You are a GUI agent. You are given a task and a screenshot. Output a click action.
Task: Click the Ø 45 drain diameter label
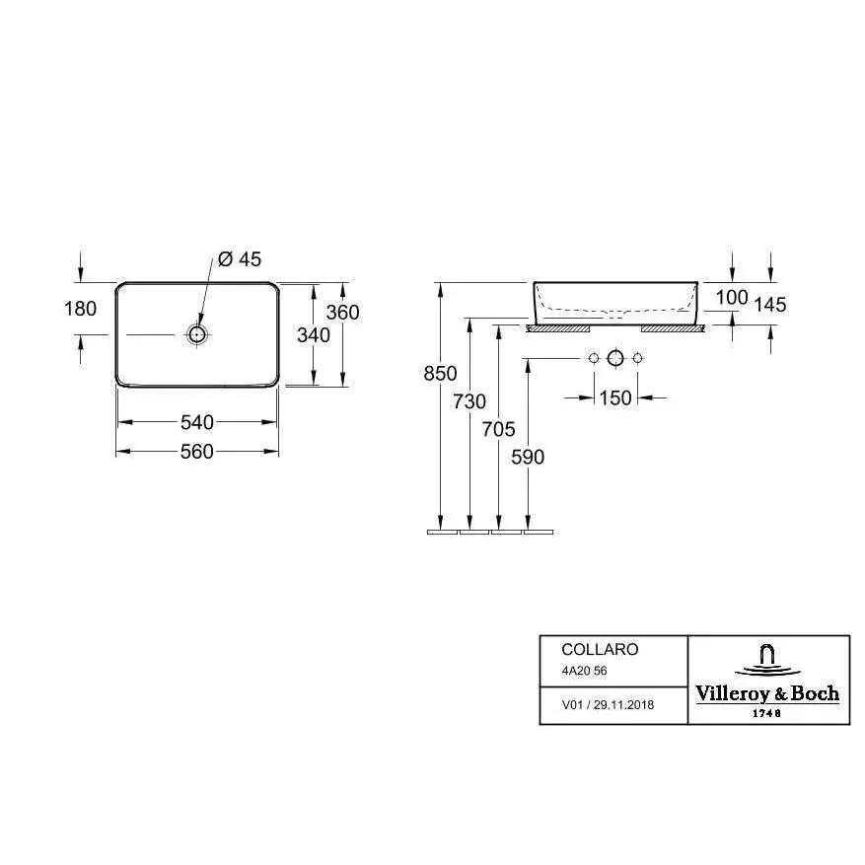point(240,258)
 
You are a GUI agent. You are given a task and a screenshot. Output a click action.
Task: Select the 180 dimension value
point(81,309)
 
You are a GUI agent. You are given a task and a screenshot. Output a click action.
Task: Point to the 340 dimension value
point(314,335)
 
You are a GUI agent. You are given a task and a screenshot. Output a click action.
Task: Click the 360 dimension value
point(342,313)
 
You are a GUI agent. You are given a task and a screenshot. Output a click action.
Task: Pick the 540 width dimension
point(197,422)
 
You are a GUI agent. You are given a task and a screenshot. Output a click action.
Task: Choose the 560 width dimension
point(197,452)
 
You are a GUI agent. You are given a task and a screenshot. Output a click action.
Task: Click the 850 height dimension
point(440,374)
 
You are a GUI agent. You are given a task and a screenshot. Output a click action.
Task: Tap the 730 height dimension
point(469,401)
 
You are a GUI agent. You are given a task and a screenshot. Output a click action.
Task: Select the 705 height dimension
point(499,429)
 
